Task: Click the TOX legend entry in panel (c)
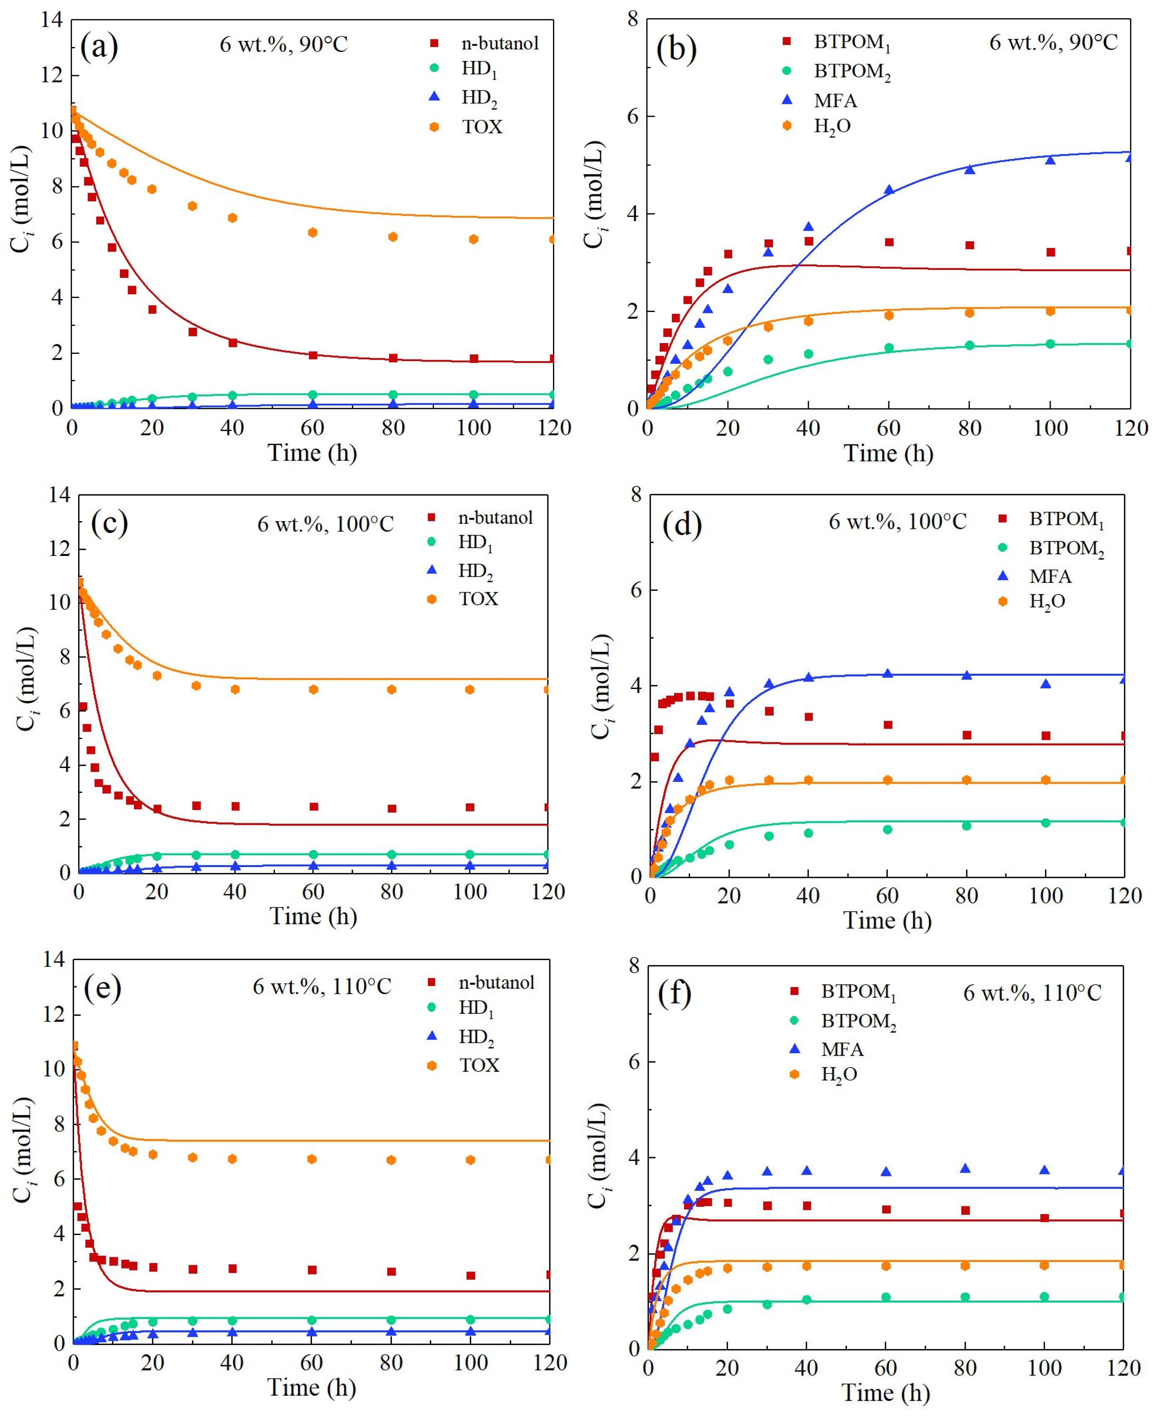click(x=478, y=599)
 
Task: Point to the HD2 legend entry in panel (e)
click(x=476, y=1037)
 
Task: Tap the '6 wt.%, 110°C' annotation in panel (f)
click(x=1032, y=993)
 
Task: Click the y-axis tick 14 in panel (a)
click(x=52, y=20)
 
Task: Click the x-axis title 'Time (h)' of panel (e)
click(x=312, y=1387)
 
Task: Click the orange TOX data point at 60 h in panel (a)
click(x=312, y=232)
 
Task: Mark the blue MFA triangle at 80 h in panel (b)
click(x=970, y=169)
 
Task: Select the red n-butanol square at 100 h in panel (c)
click(x=470, y=807)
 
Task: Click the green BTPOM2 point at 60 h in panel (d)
click(x=888, y=829)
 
